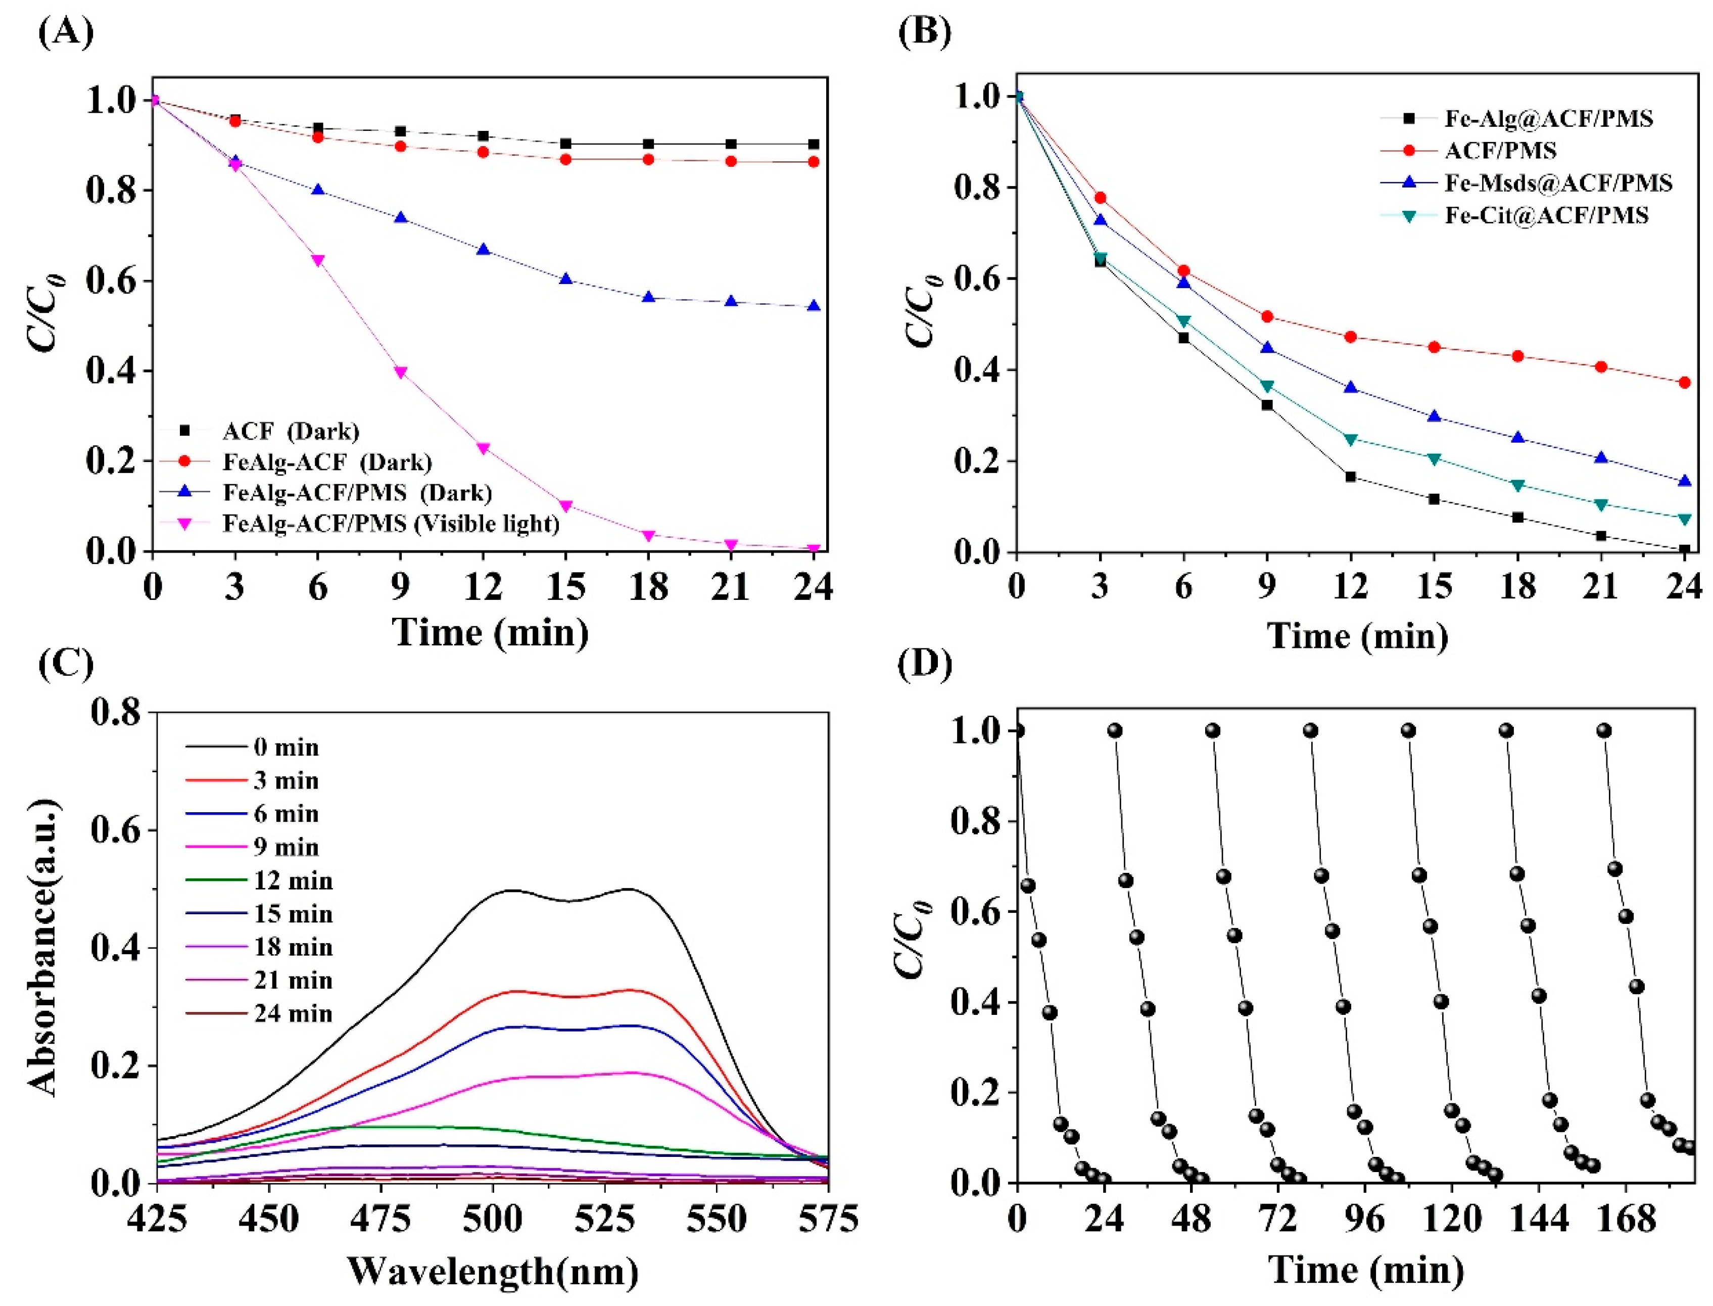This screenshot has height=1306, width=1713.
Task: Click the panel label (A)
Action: pos(66,33)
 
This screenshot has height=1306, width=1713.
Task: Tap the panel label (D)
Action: pos(924,665)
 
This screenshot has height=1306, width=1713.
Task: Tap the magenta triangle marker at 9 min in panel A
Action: pos(400,372)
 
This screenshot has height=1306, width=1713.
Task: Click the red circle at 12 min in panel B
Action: pos(1350,337)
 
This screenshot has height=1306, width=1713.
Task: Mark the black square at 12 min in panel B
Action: pos(1350,477)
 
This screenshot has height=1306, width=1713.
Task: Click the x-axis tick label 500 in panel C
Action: pos(492,1219)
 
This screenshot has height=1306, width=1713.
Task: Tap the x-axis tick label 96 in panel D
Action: pos(1365,1219)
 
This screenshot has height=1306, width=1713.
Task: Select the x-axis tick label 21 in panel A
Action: pos(730,586)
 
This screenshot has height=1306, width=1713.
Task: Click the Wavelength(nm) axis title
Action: pos(492,1272)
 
